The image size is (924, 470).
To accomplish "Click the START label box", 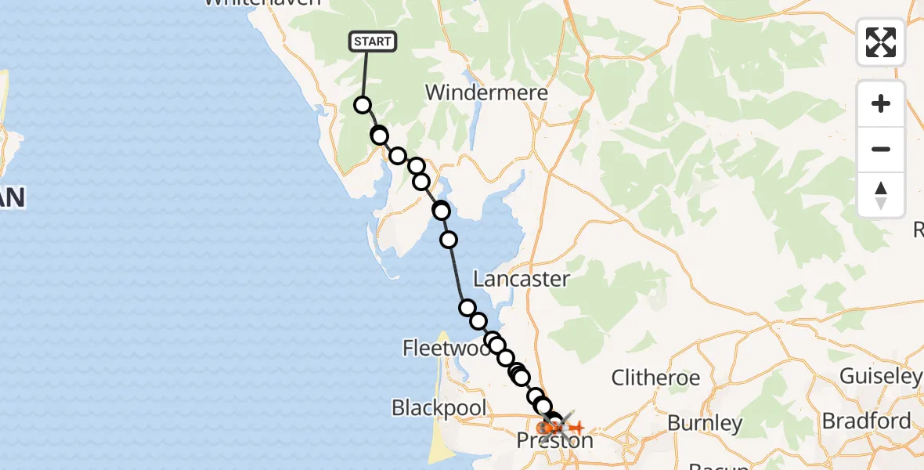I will (373, 42).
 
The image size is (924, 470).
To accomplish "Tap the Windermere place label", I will (486, 92).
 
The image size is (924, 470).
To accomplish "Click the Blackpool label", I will (439, 407).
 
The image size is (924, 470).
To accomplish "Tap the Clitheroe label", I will (655, 378).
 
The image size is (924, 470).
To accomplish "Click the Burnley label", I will (704, 424).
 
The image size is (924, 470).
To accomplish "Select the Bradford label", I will (866, 421).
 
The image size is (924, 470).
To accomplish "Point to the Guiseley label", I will (879, 376).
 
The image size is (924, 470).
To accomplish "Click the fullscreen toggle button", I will (881, 42).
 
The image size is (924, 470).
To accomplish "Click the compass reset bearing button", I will (881, 194).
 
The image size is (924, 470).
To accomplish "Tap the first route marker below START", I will (363, 105).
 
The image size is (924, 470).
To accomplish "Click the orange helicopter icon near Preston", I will (576, 428).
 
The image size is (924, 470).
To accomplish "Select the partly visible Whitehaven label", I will (262, 3).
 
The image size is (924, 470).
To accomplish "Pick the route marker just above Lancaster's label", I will (449, 240).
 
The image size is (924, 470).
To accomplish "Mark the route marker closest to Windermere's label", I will (417, 166).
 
